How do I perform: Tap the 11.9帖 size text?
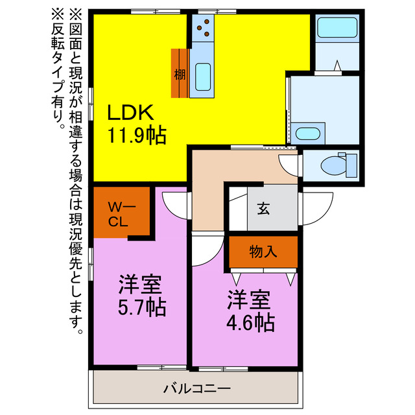point(136,136)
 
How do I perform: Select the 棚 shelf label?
point(180,74)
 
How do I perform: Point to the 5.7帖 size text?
point(141,305)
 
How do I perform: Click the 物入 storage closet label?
point(263,252)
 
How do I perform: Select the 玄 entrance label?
point(263,209)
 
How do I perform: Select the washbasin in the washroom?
point(306,134)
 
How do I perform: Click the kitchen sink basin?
point(203,78)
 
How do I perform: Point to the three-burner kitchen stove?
point(203,28)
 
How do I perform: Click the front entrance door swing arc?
point(314,207)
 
